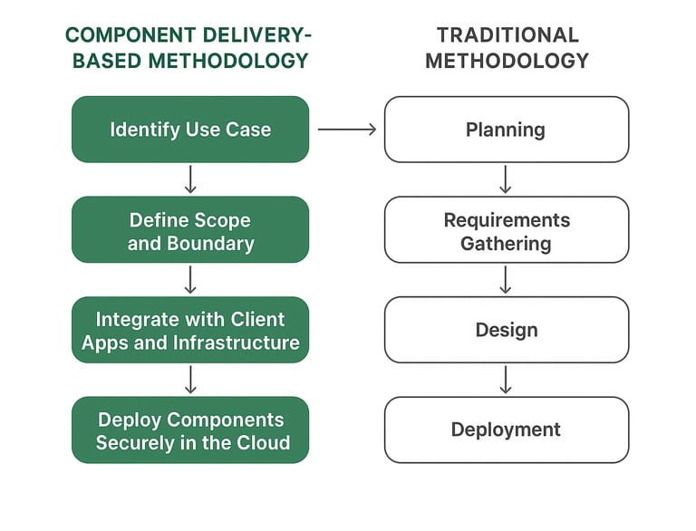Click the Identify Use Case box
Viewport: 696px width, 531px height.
pos(190,130)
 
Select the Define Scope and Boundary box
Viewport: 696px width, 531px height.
pos(190,230)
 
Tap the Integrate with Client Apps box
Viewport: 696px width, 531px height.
pos(190,331)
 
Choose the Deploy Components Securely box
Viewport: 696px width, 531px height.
pos(190,430)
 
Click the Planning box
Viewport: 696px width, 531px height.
pos(506,130)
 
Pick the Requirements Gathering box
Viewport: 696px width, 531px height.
pos(506,230)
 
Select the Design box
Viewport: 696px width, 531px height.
pos(506,331)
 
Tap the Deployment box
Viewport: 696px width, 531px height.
pos(506,430)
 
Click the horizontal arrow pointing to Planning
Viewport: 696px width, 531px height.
pos(347,130)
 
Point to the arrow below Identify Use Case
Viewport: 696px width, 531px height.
pos(190,179)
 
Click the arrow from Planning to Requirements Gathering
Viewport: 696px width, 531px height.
pos(506,179)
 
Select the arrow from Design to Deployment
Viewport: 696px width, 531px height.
pos(506,380)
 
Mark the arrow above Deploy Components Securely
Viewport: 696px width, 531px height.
pos(190,380)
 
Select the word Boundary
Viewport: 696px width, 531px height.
pos(210,243)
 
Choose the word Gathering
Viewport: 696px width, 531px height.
pos(506,243)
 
